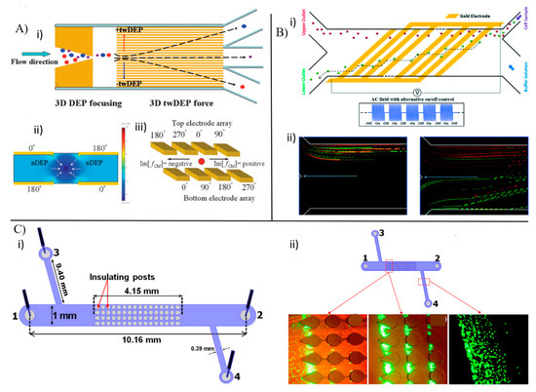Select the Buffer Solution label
click(519, 76)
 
